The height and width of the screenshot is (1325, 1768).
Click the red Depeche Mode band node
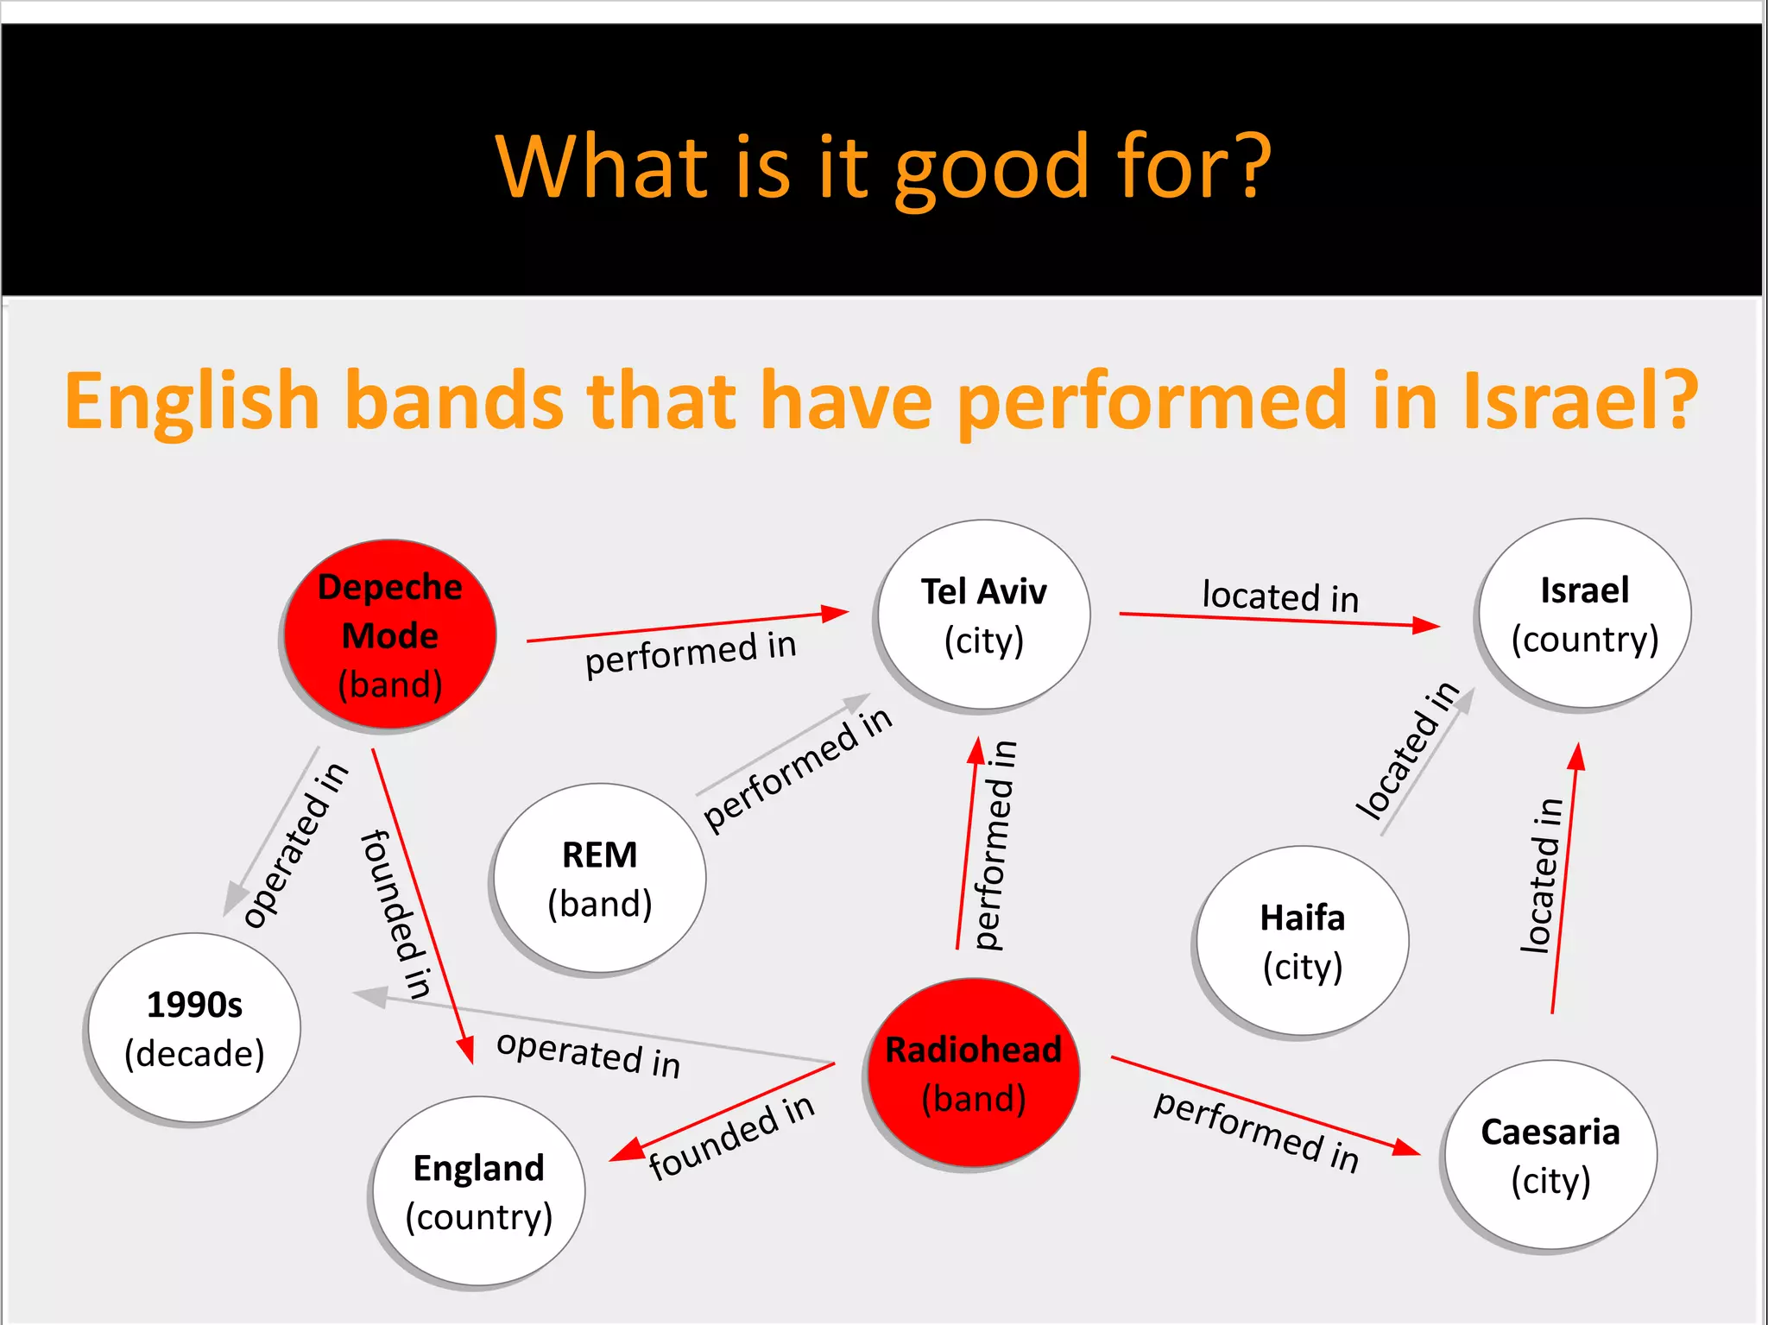(x=389, y=635)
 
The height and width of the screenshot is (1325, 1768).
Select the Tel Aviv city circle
(x=983, y=615)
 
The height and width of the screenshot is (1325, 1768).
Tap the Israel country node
(x=1584, y=614)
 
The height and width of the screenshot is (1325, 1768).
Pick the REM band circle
(x=600, y=879)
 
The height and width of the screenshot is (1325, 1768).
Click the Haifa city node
(x=1302, y=941)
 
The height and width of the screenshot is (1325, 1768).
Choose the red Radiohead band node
(x=974, y=1073)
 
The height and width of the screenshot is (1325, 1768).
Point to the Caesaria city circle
(x=1550, y=1155)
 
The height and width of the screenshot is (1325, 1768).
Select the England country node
(x=479, y=1191)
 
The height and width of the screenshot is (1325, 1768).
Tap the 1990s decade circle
(x=195, y=1028)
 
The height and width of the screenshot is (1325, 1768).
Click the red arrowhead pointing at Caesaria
(x=1406, y=1147)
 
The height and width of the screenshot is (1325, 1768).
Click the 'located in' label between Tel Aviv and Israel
(x=1280, y=596)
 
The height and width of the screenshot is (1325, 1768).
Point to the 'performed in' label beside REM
(x=797, y=769)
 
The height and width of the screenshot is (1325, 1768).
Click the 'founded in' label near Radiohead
(x=731, y=1136)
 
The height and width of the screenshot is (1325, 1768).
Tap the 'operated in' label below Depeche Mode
(x=295, y=844)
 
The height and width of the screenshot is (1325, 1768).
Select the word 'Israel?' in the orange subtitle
(x=1580, y=401)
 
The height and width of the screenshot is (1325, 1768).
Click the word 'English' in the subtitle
(x=193, y=402)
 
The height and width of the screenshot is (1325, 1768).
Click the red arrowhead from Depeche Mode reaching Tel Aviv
(x=835, y=613)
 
